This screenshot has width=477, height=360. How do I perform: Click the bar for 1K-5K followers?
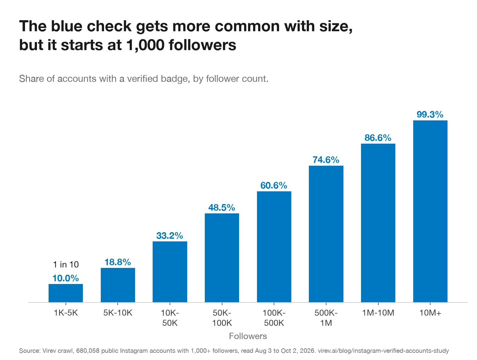coord(66,293)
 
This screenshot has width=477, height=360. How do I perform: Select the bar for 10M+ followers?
coord(430,211)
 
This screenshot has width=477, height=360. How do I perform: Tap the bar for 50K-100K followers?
coord(222,258)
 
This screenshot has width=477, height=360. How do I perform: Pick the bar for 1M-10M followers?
coord(378,223)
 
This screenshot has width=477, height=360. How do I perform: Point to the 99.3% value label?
coord(430,114)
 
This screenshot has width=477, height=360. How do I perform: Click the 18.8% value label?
coord(117,262)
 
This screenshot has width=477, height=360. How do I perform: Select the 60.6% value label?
coord(274,185)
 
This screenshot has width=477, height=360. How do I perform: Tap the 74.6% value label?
coord(326,160)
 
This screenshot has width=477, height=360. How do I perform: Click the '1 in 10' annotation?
coord(66,264)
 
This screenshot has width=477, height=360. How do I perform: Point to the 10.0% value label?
coord(66,278)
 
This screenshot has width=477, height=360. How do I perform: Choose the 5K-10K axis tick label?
coord(117,313)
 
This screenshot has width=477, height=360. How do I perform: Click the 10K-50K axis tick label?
coord(170,318)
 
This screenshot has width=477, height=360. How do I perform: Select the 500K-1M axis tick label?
coord(326,318)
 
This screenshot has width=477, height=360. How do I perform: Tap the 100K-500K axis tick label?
coord(274,318)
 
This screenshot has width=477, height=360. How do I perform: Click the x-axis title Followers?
coord(248,336)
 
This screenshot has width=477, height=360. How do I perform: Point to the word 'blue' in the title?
coord(66,26)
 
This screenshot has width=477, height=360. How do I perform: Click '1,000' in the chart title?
coord(145,45)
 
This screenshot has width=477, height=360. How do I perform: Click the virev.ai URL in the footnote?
coord(383,351)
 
